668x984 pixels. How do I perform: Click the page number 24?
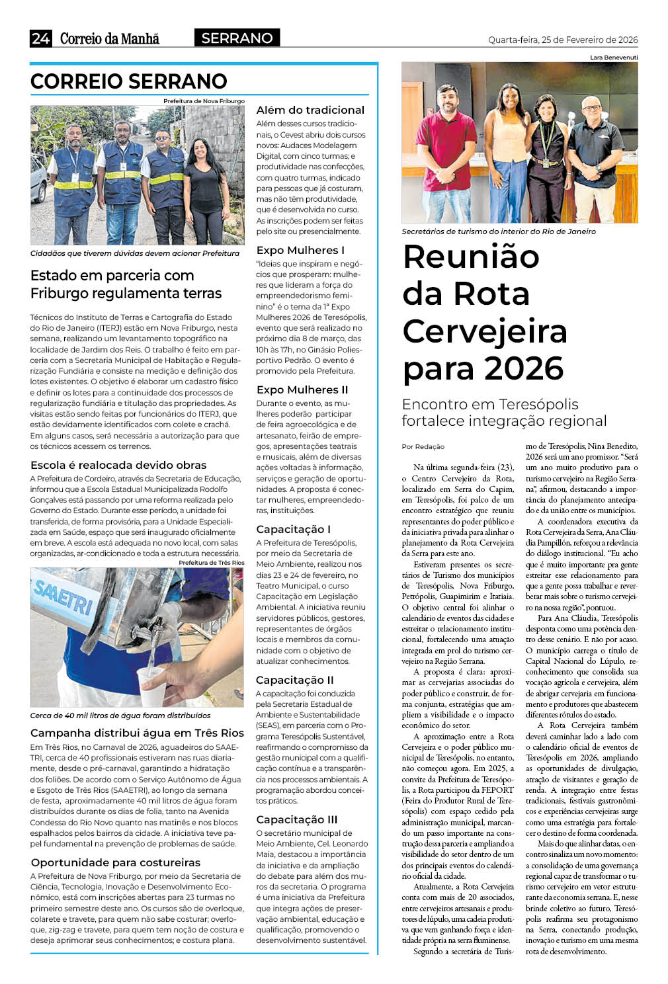click(40, 38)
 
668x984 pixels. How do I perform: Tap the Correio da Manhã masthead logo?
click(110, 38)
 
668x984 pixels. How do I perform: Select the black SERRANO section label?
click(237, 38)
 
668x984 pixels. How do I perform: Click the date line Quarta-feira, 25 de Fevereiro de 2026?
click(563, 40)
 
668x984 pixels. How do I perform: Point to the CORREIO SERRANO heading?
click(129, 81)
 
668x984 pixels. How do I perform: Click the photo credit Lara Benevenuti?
click(614, 58)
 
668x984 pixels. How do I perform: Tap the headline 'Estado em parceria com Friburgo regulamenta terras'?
click(126, 284)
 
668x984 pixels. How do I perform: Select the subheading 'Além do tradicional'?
click(310, 110)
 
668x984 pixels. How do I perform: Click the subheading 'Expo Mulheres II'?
click(302, 389)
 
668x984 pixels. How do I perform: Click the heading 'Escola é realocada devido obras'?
click(118, 465)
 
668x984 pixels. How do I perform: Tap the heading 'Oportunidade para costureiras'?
click(115, 862)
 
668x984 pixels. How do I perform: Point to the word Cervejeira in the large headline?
click(485, 331)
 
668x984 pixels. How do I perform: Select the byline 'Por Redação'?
click(423, 446)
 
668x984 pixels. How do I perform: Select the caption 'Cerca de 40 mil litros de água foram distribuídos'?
click(120, 716)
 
